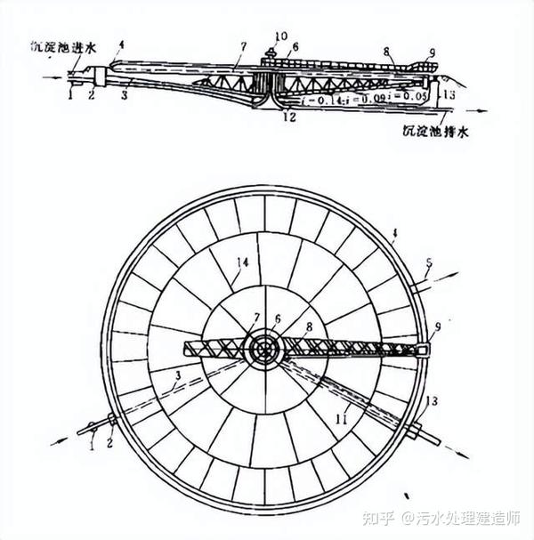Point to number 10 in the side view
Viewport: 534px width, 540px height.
(280, 36)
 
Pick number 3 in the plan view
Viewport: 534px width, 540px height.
(179, 377)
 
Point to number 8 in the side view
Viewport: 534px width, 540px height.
(386, 52)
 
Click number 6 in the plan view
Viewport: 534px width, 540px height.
(277, 318)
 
